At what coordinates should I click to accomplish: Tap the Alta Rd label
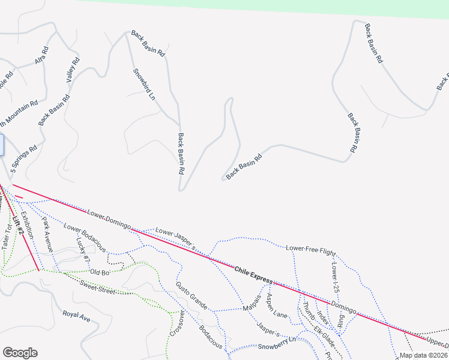click(x=41, y=56)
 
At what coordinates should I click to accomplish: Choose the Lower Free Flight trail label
click(x=310, y=248)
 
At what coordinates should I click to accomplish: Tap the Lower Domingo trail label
click(x=109, y=219)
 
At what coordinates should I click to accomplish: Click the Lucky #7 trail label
click(x=83, y=250)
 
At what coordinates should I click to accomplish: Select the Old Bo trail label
click(x=99, y=272)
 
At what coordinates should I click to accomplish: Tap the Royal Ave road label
click(x=76, y=316)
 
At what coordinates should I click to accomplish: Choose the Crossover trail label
click(x=175, y=325)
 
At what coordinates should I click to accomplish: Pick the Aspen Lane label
click(x=277, y=306)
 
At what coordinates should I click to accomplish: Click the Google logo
click(x=20, y=353)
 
